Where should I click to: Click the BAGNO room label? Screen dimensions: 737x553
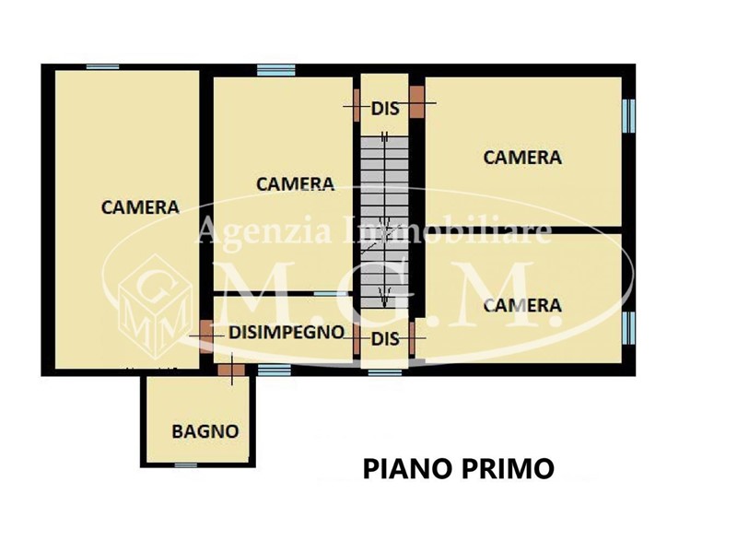pyautogui.click(x=205, y=431)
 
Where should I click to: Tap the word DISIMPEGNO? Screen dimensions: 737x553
pyautogui.click(x=287, y=332)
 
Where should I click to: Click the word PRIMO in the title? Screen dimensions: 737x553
pyautogui.click(x=506, y=469)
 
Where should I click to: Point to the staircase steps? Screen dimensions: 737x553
pyautogui.click(x=384, y=222)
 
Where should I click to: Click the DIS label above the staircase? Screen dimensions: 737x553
pyautogui.click(x=385, y=109)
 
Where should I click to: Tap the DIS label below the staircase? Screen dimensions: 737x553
pyautogui.click(x=385, y=338)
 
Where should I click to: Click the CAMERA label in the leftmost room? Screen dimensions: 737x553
pyautogui.click(x=140, y=207)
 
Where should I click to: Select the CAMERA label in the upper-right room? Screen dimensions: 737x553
pyautogui.click(x=522, y=158)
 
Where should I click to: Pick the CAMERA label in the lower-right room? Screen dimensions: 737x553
pyautogui.click(x=522, y=306)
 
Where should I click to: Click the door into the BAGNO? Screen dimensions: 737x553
pyautogui.click(x=231, y=370)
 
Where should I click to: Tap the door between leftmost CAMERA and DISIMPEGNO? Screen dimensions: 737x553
pyautogui.click(x=206, y=335)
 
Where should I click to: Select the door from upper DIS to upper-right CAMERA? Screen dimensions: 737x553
pyautogui.click(x=417, y=101)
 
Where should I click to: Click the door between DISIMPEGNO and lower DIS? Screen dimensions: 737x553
pyautogui.click(x=357, y=338)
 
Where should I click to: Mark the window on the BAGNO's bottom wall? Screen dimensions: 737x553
pyautogui.click(x=186, y=465)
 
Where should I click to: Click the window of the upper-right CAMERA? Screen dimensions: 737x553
pyautogui.click(x=629, y=116)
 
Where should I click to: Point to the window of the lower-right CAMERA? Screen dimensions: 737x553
pyautogui.click(x=629, y=328)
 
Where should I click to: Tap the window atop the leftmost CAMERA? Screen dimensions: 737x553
pyautogui.click(x=102, y=66)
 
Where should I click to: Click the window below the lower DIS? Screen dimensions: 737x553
pyautogui.click(x=384, y=372)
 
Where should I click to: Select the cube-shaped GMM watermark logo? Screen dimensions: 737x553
pyautogui.click(x=155, y=306)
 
